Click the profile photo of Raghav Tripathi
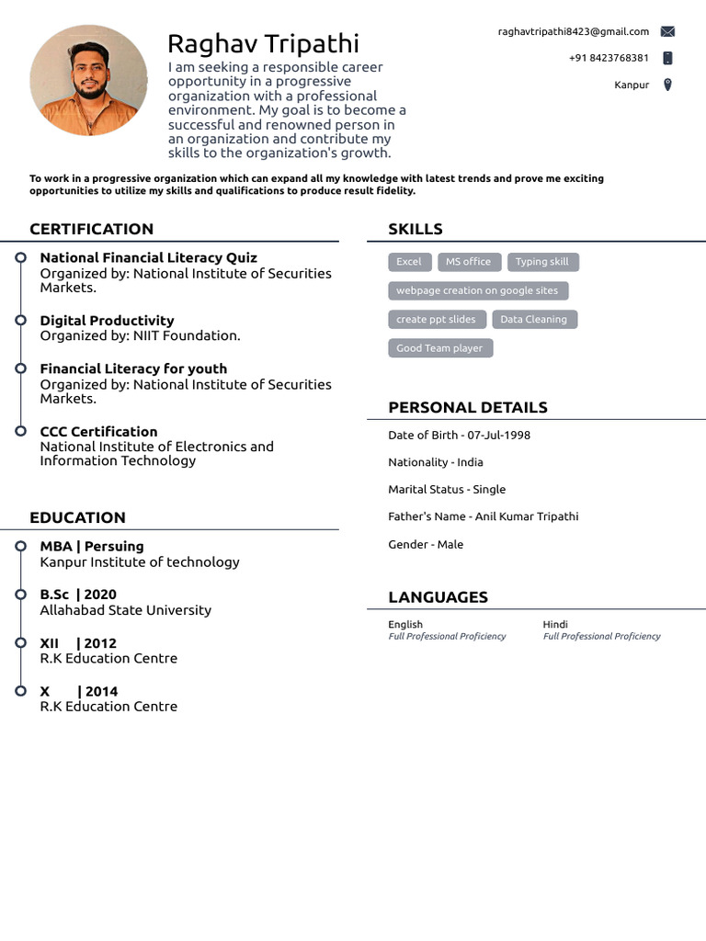tap(88, 81)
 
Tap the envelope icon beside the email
tap(667, 31)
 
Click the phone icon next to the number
tap(667, 58)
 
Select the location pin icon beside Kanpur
tap(667, 85)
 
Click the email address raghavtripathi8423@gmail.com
tap(574, 31)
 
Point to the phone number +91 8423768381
tap(609, 58)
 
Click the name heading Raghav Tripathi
tap(263, 43)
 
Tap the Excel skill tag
tap(408, 262)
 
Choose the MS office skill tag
tap(468, 262)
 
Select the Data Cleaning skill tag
tap(533, 320)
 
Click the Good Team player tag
tap(439, 348)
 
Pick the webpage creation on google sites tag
tap(477, 290)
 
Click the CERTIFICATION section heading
tap(91, 229)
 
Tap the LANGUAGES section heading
tap(438, 597)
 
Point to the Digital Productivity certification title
tap(107, 321)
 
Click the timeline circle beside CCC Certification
tap(20, 430)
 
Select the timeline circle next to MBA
tap(20, 546)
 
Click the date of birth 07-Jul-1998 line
tap(459, 435)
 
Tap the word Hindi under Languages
tap(555, 625)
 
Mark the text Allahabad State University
tap(125, 610)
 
